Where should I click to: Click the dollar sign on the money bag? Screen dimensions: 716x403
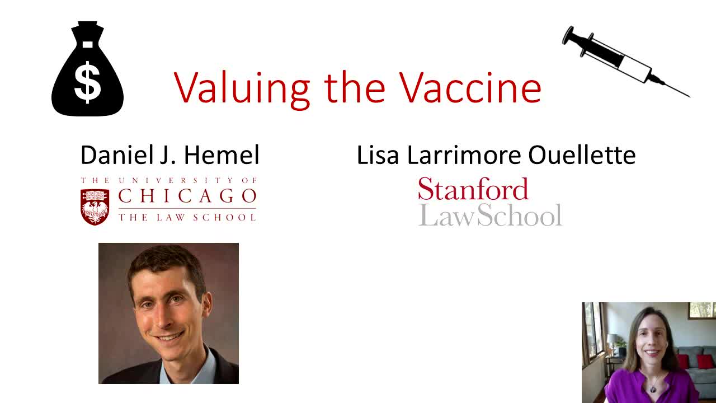tap(88, 82)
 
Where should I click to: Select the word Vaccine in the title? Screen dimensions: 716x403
tap(470, 87)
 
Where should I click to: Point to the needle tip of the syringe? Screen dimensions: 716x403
tap(690, 97)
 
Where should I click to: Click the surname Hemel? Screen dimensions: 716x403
tap(222, 156)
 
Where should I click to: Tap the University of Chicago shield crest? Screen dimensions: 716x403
tap(95, 207)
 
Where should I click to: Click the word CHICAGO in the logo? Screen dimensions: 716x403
tap(187, 196)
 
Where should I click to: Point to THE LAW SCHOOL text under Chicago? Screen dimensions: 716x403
tap(187, 218)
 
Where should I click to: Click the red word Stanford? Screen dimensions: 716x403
tap(473, 189)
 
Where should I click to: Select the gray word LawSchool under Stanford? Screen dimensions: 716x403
tap(490, 214)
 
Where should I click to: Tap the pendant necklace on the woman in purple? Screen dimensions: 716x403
tap(653, 389)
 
